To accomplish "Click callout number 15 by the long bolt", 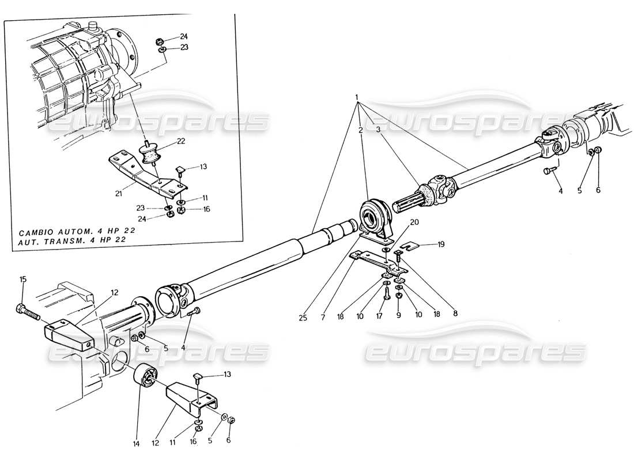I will point(23,280).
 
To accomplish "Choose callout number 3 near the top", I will point(378,130).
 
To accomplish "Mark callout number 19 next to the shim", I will point(440,244).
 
